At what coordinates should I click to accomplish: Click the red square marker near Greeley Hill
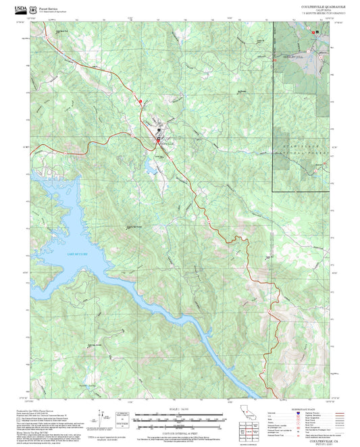(x=274, y=59)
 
